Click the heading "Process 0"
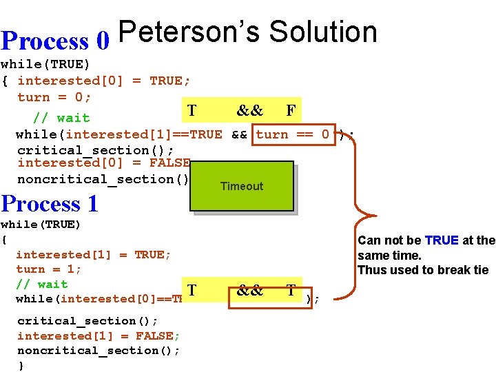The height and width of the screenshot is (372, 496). pos(55,41)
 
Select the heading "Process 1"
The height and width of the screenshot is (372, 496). pos(50,204)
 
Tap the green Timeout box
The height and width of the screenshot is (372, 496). pos(241,186)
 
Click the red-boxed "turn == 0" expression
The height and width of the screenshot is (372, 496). pos(293,134)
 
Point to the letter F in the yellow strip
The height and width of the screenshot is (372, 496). pos(291,110)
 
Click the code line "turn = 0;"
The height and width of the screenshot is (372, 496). pos(54,97)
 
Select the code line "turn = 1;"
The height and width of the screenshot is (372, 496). pos(48,269)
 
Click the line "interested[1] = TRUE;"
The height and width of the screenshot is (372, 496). pos(94,255)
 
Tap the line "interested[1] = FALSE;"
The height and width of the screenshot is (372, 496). pos(99,336)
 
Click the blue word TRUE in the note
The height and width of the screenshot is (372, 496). pos(442,240)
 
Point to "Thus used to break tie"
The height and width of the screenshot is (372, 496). pos(422,270)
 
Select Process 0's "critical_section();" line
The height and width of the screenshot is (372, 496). pos(95,150)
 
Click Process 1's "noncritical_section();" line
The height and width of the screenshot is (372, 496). pos(99,351)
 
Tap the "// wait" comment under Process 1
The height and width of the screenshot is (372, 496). pos(42,284)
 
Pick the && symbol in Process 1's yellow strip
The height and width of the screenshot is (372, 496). pos(249,291)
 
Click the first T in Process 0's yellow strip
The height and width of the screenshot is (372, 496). pos(192,110)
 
